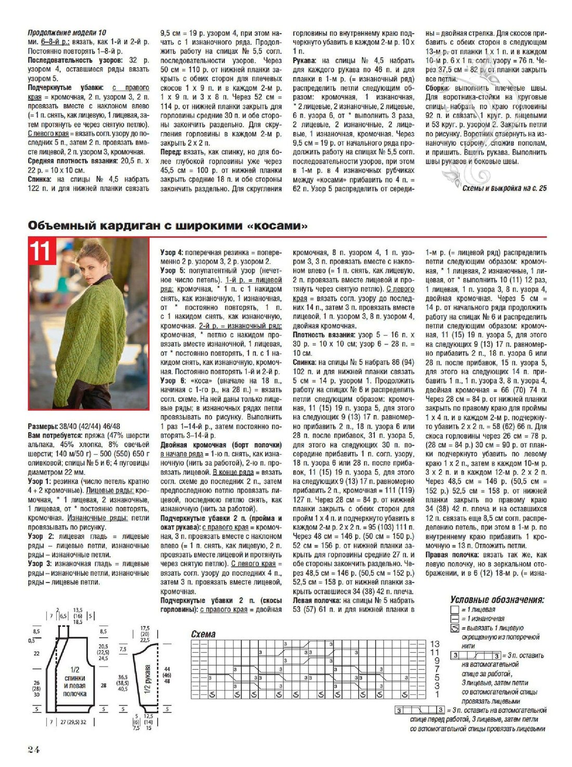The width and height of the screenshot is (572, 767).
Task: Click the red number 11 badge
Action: pos(41,251)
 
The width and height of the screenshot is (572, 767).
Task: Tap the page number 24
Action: pos(33,749)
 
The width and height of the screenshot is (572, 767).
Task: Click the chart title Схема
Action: pos(203,634)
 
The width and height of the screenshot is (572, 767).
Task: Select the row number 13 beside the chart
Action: pos(435,644)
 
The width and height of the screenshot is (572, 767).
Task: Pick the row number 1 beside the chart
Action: pos(437,694)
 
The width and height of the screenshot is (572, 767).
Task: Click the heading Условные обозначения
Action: pos(497,600)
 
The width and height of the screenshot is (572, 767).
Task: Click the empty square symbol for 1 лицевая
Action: pos(455,609)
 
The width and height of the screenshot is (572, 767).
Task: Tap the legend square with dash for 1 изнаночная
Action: pos(455,619)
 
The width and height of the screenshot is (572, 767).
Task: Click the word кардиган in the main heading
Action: pos(115,226)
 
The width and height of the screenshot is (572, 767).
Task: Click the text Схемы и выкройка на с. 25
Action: pos(504,188)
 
